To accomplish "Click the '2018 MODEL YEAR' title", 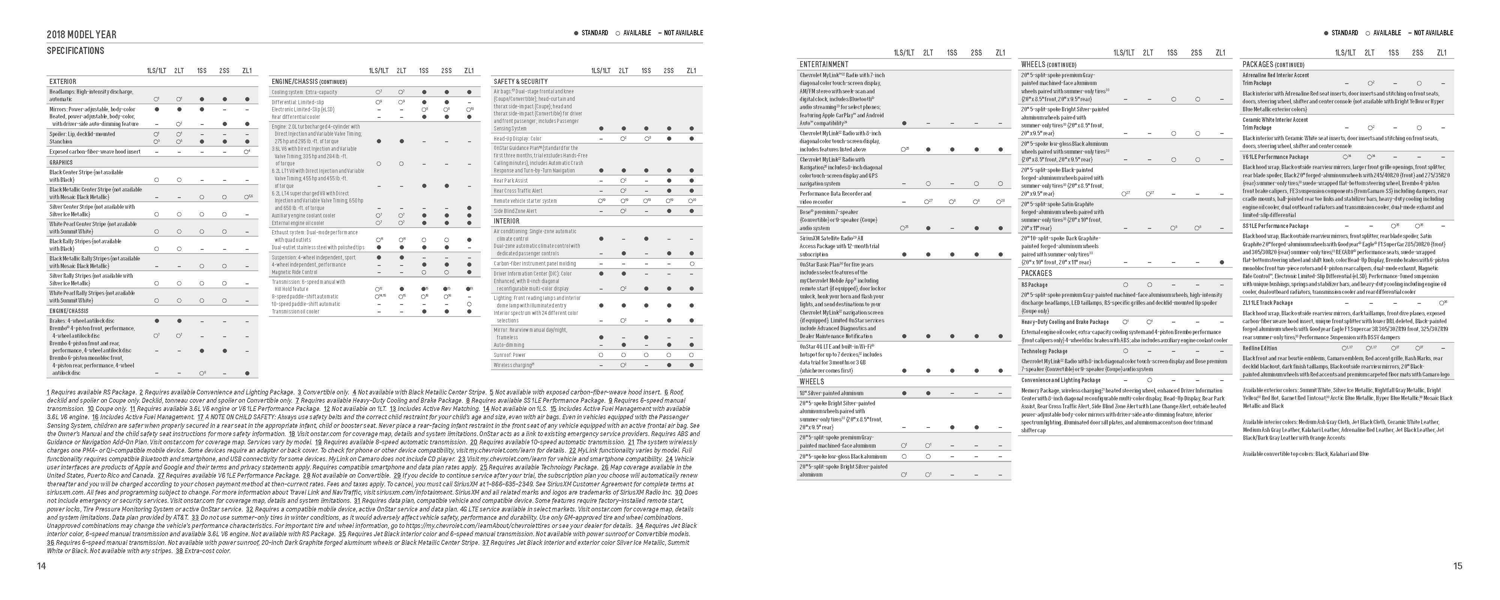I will (x=81, y=34).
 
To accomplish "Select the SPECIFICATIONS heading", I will (x=75, y=51).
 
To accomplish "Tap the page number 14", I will (x=41, y=565).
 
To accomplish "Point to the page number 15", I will (x=1458, y=565).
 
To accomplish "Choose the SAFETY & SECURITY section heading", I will (x=520, y=81).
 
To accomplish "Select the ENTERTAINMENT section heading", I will (x=823, y=64).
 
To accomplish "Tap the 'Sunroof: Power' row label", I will (x=510, y=355).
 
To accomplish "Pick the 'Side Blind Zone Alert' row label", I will (x=515, y=211).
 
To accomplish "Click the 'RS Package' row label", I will (x=1034, y=285).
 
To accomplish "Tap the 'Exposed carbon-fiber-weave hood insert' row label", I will (x=95, y=151).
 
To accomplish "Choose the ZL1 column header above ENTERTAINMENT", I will (x=1000, y=53).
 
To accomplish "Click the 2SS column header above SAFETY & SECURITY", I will (x=669, y=70).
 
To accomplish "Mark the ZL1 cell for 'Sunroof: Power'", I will (x=691, y=355).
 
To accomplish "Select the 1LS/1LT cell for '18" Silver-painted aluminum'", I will (x=904, y=393).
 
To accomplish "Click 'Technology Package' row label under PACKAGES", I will (x=1044, y=351).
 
